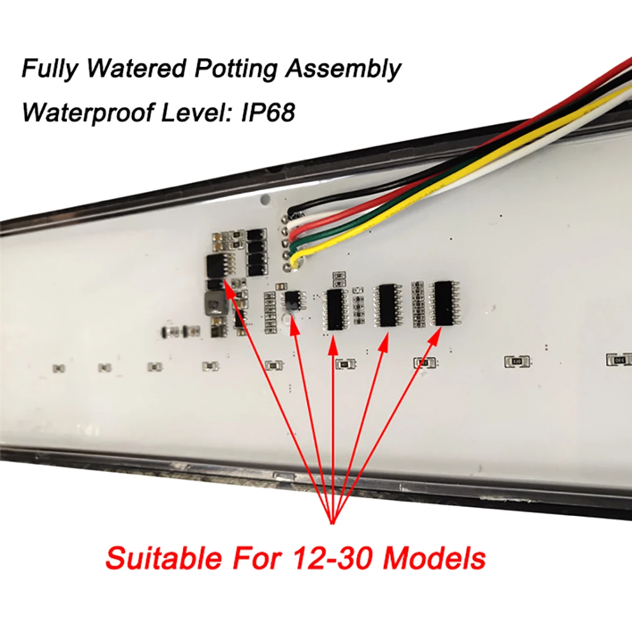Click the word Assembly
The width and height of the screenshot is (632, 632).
(x=342, y=69)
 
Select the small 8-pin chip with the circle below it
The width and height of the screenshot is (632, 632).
(x=292, y=299)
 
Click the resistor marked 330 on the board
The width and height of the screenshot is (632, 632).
(x=516, y=362)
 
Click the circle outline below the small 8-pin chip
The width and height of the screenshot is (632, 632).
(x=292, y=327)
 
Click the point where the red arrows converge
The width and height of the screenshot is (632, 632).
(x=332, y=522)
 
